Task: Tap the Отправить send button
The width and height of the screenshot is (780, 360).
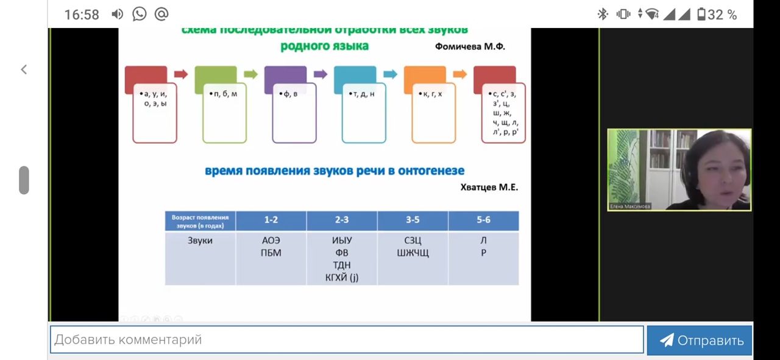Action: point(700,341)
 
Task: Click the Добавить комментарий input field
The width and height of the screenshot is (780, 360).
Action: point(346,340)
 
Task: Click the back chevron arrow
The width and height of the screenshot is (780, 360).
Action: point(24,70)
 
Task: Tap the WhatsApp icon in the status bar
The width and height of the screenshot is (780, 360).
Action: point(140,14)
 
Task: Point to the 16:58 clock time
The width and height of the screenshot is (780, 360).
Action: point(81,15)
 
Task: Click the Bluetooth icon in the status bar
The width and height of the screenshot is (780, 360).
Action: point(603,14)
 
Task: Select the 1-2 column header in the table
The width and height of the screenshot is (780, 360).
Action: point(271,220)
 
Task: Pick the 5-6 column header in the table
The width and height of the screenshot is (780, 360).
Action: point(483,220)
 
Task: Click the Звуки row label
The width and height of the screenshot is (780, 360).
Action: point(200,241)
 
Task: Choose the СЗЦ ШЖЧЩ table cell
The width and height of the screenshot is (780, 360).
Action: point(413,247)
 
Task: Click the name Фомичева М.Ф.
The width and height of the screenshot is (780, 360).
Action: point(470,46)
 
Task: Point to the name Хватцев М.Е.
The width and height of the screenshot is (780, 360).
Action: point(489,188)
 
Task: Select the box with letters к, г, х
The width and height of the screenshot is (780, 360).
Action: point(433,113)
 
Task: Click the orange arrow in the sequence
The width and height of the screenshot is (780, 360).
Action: point(459,74)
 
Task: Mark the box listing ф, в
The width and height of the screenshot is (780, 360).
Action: point(294,113)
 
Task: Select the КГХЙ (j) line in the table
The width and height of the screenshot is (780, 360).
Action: point(341,278)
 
